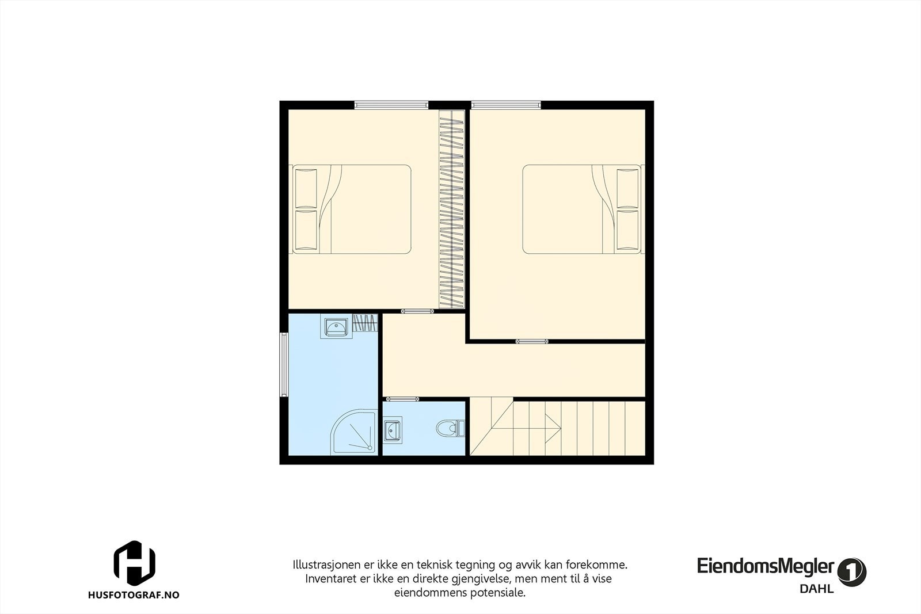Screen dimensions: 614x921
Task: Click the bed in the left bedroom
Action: (x=352, y=209)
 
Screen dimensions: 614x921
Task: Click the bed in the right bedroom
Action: (x=581, y=209)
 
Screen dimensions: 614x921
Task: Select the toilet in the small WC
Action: (x=450, y=429)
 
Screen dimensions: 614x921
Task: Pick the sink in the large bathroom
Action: (x=335, y=327)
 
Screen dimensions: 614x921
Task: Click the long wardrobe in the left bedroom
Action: (x=452, y=209)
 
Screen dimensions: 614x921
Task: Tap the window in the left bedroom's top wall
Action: (x=391, y=105)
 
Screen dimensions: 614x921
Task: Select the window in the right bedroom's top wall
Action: (x=506, y=105)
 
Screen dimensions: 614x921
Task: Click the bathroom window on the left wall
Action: (x=284, y=365)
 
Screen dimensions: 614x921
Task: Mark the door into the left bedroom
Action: (x=417, y=311)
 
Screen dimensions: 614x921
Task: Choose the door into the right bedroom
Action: (x=532, y=342)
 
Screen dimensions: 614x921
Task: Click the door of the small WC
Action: (x=402, y=398)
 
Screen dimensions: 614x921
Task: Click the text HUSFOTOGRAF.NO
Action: (x=134, y=595)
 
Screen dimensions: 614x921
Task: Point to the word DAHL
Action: (x=816, y=589)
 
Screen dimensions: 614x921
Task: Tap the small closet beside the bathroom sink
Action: (x=365, y=323)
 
